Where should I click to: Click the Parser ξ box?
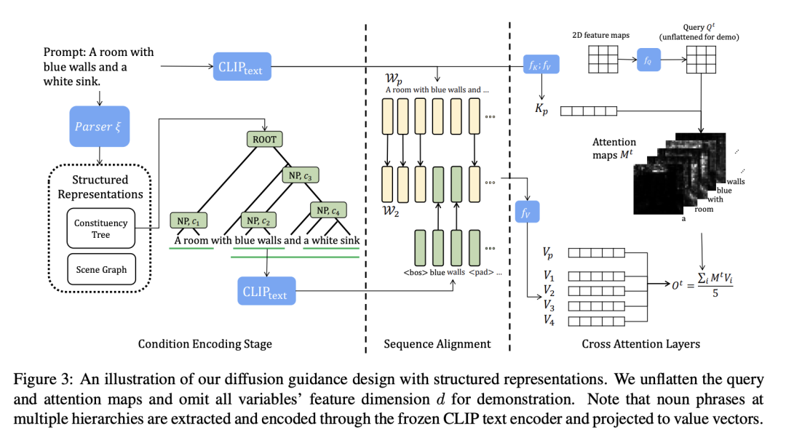click(x=98, y=127)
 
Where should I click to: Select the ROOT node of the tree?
click(x=264, y=138)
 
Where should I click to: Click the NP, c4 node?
click(x=332, y=210)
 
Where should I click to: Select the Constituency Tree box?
click(x=100, y=228)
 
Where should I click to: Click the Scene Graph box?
click(x=101, y=270)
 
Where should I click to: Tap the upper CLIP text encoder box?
click(x=242, y=68)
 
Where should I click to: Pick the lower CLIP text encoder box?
click(x=266, y=292)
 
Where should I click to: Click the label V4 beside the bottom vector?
click(x=549, y=321)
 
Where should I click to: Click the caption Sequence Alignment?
click(x=437, y=344)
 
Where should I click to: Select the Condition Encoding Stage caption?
click(x=205, y=344)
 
